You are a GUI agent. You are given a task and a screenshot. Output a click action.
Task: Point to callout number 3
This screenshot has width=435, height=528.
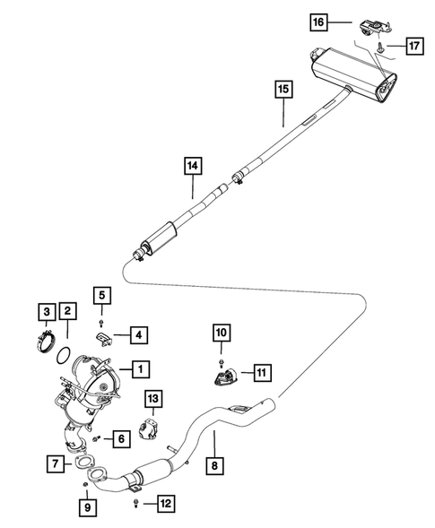pos(44,311)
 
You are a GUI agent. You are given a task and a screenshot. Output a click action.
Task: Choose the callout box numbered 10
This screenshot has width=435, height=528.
pos(220,333)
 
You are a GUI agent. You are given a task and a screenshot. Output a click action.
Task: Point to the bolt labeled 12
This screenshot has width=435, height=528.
pos(135,506)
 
